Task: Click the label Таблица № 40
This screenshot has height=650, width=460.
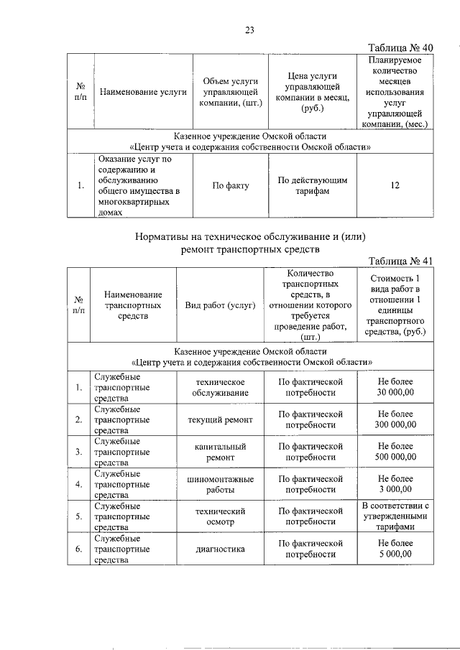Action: click(x=400, y=47)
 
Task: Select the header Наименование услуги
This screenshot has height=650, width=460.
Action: click(x=143, y=92)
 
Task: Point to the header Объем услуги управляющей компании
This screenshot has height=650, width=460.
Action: click(x=230, y=92)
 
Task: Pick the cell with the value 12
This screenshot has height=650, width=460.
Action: click(x=395, y=185)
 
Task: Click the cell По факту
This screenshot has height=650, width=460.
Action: click(x=230, y=185)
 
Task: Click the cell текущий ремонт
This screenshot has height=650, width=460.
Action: click(x=220, y=419)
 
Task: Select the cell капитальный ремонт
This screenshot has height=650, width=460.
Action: click(x=220, y=451)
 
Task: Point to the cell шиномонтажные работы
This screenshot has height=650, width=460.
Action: click(x=220, y=483)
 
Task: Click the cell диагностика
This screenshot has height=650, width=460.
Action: click(x=220, y=549)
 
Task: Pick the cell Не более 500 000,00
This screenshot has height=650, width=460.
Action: click(x=396, y=451)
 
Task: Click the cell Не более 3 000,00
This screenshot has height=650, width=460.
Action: click(x=396, y=483)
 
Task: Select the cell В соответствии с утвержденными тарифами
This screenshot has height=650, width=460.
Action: click(x=396, y=516)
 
